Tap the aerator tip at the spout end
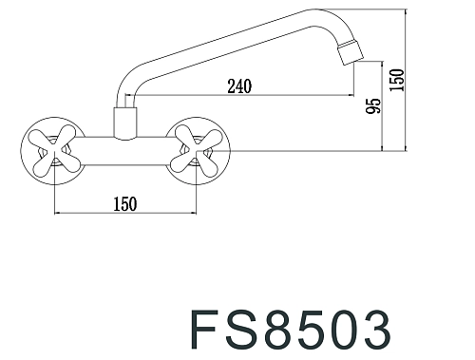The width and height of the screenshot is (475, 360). point(351,51)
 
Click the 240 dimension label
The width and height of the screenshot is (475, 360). point(239,86)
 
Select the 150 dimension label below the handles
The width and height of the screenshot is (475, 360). point(125,203)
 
